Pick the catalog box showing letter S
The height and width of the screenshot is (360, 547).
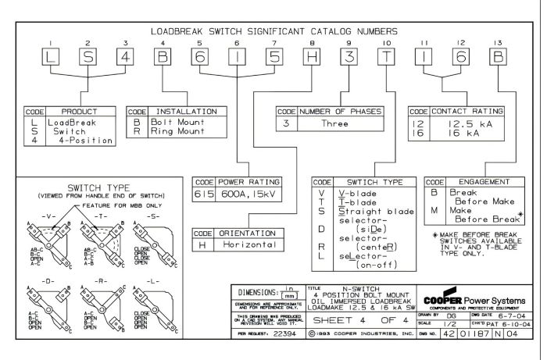point(88,57)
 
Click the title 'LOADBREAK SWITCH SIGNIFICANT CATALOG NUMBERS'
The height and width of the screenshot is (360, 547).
point(273,30)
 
